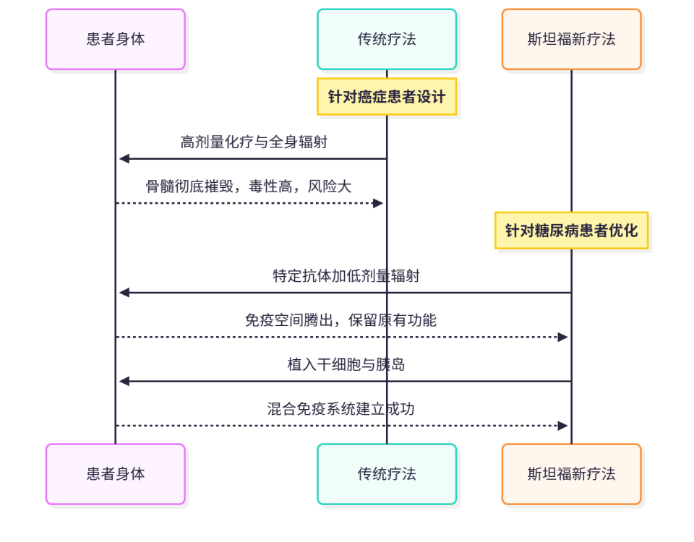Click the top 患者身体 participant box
[116, 40]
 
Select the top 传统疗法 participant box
[387, 40]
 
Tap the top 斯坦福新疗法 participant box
[571, 40]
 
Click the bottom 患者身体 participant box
[116, 474]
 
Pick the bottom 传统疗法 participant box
[387, 474]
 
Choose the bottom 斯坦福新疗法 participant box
[571, 474]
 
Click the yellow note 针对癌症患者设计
[387, 97]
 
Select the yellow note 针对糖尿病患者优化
[571, 231]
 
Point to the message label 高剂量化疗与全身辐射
[254, 142]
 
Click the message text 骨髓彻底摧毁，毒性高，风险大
[249, 186]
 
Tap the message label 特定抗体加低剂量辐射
[346, 276]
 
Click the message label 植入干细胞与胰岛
[346, 365]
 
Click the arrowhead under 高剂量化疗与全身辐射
[124, 159]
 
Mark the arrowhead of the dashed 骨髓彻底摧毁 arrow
[378, 203]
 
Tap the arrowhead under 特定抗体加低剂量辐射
[124, 293]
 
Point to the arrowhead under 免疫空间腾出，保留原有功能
[563, 337]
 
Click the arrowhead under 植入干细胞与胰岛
[124, 382]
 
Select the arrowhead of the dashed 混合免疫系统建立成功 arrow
[563, 426]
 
